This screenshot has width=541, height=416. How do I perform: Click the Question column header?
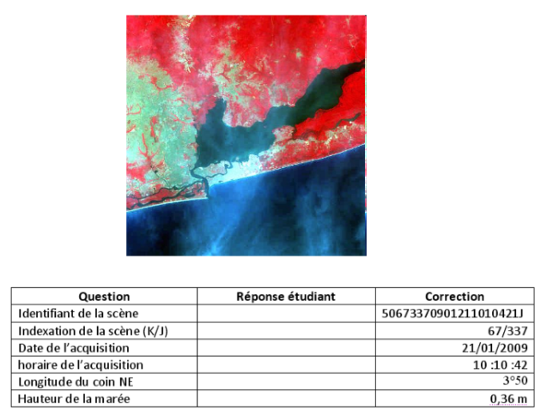click(104, 297)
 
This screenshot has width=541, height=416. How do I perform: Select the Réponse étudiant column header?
click(286, 297)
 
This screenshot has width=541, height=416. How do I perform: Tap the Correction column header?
click(454, 297)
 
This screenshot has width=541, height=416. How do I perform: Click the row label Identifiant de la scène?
click(78, 313)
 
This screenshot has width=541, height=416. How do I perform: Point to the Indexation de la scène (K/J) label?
click(93, 331)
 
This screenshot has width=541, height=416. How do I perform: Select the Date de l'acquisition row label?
click(74, 347)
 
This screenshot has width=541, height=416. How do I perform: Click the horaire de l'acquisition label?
click(81, 365)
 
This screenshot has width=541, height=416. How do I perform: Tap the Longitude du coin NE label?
click(76, 382)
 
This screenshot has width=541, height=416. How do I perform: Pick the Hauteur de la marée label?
click(74, 399)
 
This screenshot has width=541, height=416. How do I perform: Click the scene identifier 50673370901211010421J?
click(453, 313)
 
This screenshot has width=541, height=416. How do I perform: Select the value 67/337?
click(508, 331)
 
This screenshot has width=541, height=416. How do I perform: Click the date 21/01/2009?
click(495, 347)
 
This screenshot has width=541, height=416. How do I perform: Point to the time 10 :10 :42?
click(501, 365)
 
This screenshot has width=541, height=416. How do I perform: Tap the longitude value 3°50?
click(515, 382)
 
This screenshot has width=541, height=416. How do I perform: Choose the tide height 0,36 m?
click(508, 399)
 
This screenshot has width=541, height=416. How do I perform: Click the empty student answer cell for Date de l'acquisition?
click(286, 347)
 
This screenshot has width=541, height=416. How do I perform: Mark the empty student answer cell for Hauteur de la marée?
click(286, 399)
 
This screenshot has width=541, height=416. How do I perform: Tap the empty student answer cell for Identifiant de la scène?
click(286, 313)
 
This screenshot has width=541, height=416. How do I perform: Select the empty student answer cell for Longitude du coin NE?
click(286, 382)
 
